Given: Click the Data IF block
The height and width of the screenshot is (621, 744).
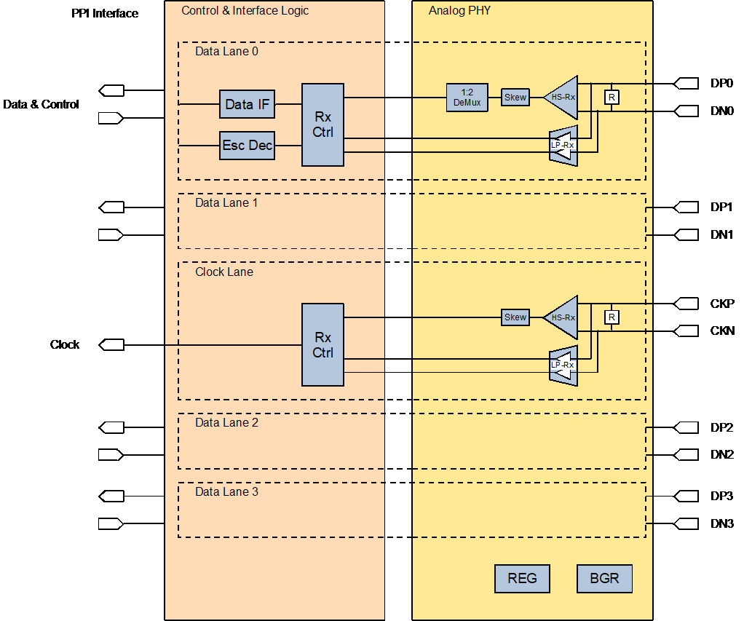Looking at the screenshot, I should point(248,104).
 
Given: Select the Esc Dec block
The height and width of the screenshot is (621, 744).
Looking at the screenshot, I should point(248,146).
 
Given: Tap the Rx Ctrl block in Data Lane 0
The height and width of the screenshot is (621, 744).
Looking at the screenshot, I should point(322,124).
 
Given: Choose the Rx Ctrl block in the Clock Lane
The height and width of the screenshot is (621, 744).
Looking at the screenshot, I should point(322,344).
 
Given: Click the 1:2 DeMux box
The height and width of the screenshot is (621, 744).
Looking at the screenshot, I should point(467,98).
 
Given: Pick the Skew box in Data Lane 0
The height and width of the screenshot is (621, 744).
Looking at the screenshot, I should point(515,98).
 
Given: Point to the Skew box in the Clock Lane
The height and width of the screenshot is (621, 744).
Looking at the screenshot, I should point(515,317).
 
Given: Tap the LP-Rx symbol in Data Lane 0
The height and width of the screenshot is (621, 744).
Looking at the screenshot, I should point(563,145).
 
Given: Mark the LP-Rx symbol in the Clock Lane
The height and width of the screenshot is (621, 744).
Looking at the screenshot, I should point(563,365).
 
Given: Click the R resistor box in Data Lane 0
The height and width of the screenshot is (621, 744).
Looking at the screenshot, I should point(612,98).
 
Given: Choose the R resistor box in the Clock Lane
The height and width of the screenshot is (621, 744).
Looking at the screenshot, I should point(612,317).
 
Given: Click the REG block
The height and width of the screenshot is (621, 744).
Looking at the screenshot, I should point(522,579).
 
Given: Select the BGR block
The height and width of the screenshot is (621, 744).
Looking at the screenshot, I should point(604,579).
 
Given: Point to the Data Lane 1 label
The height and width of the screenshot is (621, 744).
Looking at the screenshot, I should point(226,203).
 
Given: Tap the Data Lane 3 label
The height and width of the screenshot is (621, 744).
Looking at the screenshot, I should point(226,492).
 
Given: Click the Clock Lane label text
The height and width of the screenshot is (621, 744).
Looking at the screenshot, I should point(224,272).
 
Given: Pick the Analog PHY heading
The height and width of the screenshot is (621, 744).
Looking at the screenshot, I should point(458,11).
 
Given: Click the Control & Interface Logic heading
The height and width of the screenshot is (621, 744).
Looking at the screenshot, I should point(245,11).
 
